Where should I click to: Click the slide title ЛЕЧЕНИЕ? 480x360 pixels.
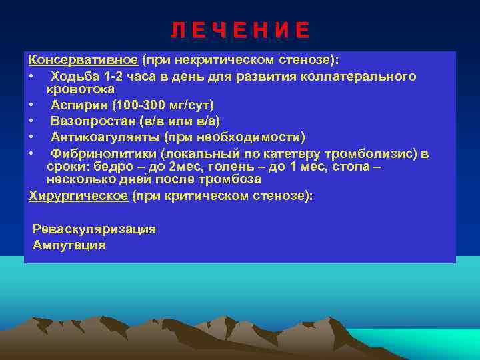[240, 31]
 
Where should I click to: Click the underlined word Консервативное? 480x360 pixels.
[83, 60]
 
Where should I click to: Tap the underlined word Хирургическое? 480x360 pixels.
[79, 196]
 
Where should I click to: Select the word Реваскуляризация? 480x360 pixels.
[94, 229]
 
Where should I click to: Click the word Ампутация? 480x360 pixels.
[69, 245]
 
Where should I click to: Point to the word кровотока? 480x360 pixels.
[80, 89]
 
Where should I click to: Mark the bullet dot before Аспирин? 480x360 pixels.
[31, 105]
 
